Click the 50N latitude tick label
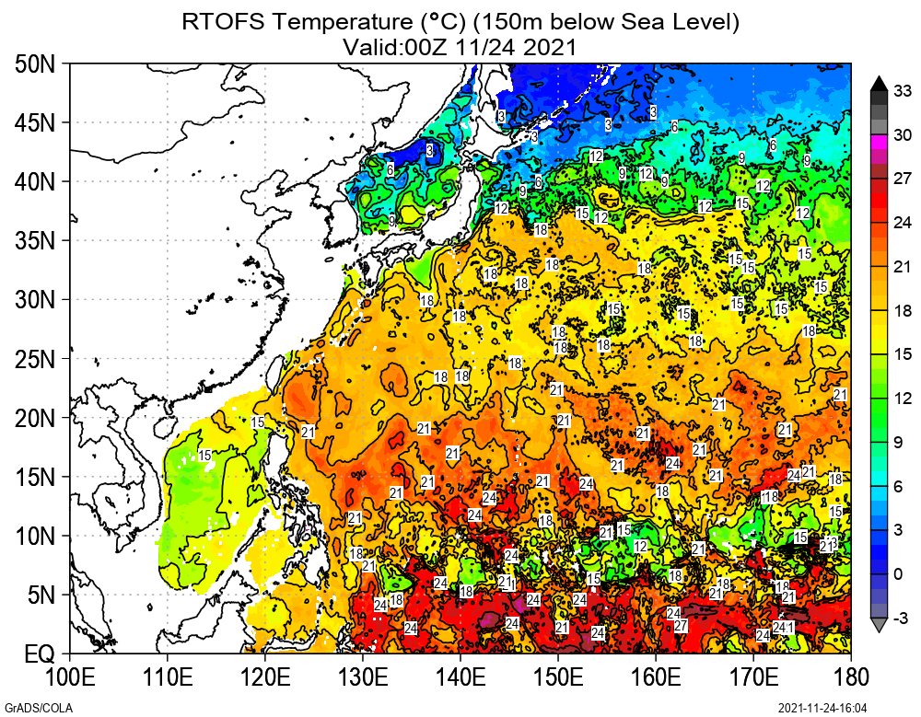(x=35, y=64)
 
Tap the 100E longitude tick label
(x=70, y=677)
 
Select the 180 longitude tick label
(x=850, y=677)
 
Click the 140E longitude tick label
(x=460, y=677)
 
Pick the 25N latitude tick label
(x=35, y=359)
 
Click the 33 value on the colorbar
(x=903, y=90)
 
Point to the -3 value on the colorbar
(x=903, y=617)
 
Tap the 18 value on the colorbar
(x=903, y=310)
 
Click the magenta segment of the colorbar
(x=879, y=142)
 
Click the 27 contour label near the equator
(x=681, y=626)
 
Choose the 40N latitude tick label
(x=35, y=181)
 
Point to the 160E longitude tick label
(x=656, y=677)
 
